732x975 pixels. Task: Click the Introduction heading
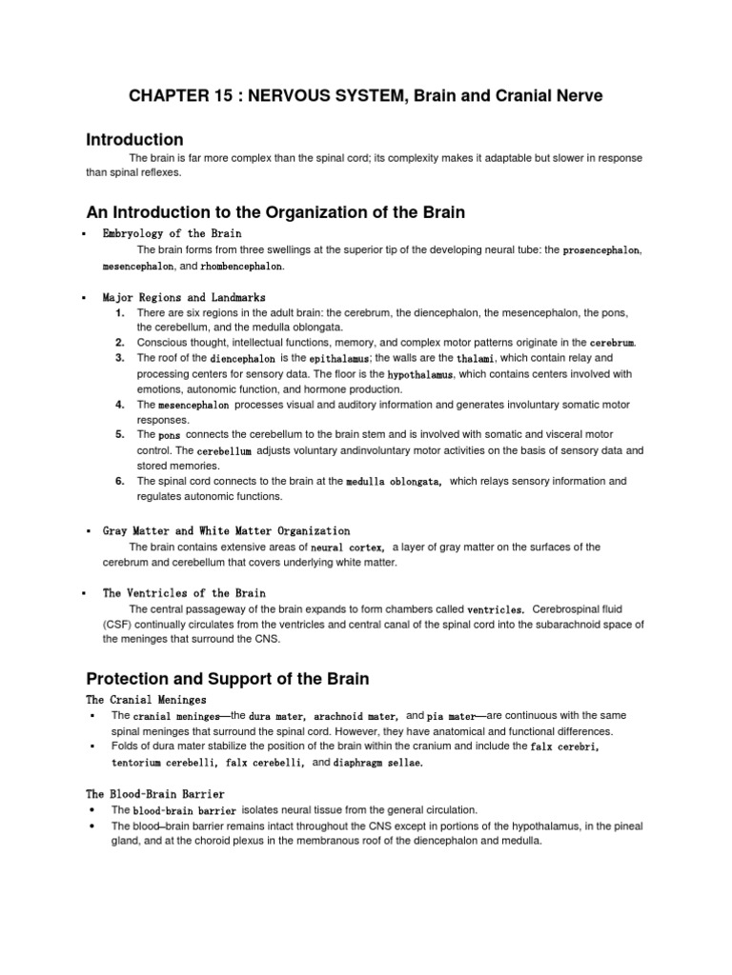(x=134, y=140)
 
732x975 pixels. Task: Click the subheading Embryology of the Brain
(x=173, y=233)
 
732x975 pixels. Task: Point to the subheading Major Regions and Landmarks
(x=184, y=297)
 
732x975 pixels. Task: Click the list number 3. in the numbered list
(x=120, y=358)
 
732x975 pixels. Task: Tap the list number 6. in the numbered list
(x=120, y=482)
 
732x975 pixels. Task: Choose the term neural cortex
(x=348, y=547)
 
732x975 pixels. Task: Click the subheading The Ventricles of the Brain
(x=184, y=592)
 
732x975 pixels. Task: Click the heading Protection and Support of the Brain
(x=227, y=679)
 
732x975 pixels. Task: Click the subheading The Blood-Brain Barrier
(x=155, y=793)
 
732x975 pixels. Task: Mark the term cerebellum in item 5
(x=225, y=450)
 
